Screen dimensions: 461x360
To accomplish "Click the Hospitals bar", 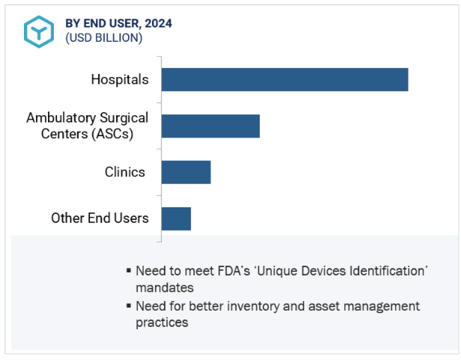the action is (x=284, y=79).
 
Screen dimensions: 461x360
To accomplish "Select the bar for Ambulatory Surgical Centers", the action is (x=210, y=126).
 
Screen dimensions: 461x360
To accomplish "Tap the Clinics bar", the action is (x=186, y=172).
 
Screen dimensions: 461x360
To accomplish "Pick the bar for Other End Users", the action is (x=176, y=219).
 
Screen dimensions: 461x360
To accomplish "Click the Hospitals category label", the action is (x=120, y=79).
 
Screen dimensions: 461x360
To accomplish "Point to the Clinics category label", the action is (x=125, y=172).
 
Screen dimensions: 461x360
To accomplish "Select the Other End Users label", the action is (x=100, y=219).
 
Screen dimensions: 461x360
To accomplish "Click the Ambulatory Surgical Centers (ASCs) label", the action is (x=88, y=126).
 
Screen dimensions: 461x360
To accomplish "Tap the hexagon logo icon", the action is (x=39, y=31).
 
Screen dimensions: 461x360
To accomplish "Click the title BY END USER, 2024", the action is (x=118, y=23).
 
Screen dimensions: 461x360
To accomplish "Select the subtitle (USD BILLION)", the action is (x=104, y=38).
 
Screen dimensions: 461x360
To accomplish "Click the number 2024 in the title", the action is (x=159, y=23).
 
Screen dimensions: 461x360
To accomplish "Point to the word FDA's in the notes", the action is (x=234, y=271).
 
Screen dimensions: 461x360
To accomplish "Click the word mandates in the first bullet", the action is (x=165, y=288).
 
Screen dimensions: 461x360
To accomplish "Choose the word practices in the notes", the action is (x=162, y=323).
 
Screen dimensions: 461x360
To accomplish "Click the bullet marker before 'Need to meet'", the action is (x=129, y=271).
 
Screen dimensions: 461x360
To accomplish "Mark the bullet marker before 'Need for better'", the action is (x=129, y=306).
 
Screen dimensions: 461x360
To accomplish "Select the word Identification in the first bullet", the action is (x=388, y=271).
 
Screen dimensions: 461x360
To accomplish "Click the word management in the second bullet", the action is (x=382, y=306).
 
